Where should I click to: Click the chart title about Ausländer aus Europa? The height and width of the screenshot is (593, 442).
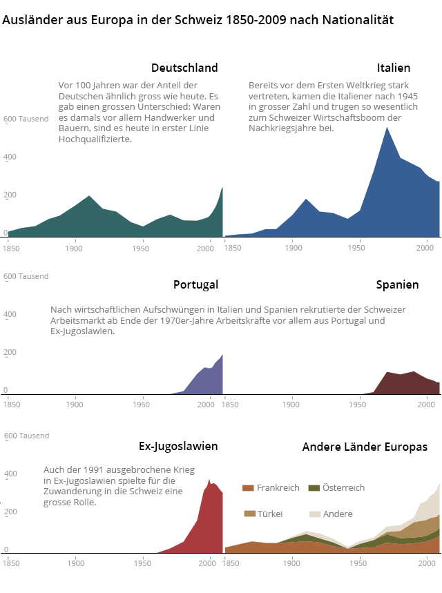point(198,20)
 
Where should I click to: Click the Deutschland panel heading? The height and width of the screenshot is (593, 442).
point(184,68)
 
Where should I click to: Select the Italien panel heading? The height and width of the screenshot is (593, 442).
point(394,68)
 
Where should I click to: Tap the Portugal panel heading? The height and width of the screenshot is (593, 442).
point(195,284)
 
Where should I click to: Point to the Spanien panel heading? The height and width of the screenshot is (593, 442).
point(397,284)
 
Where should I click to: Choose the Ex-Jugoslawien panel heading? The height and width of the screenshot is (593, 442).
point(178,446)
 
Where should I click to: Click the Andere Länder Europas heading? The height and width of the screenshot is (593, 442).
point(365,447)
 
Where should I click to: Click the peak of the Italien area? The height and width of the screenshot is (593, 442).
point(387,128)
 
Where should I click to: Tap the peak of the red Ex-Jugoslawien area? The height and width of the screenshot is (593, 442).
point(209,479)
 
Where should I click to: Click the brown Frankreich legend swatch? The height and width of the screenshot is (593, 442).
point(248,488)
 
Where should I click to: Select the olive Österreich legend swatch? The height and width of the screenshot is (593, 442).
point(314,488)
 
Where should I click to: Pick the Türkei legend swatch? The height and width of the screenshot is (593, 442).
point(249,514)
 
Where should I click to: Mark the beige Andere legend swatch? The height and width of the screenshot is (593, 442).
point(314,514)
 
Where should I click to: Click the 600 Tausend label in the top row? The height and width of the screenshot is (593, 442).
point(26,119)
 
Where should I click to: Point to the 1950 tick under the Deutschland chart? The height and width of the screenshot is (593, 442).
point(142,247)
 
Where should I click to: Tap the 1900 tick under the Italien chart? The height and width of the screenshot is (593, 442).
point(292,247)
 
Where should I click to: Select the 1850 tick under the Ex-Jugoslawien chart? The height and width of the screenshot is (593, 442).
point(11,563)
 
